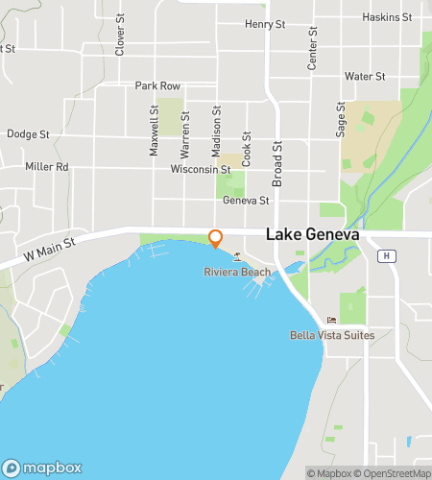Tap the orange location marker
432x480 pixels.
[x=216, y=238]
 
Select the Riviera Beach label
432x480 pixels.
[x=237, y=273]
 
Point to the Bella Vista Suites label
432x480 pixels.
[x=331, y=335]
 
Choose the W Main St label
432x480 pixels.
[x=49, y=252]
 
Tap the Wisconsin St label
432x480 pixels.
[x=201, y=169]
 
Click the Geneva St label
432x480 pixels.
[x=246, y=201]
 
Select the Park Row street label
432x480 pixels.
[x=157, y=85]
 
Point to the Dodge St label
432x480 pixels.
[x=28, y=135]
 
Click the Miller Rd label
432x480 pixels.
[x=47, y=166]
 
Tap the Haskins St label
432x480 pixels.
[x=387, y=17]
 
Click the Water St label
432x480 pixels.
[x=365, y=76]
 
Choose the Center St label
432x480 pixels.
[x=311, y=54]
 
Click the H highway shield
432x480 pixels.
[x=386, y=255]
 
